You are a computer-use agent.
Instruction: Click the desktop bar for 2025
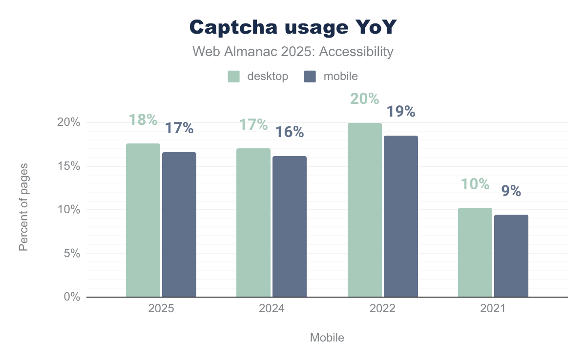[x=143, y=220]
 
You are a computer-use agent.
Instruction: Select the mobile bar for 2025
[x=179, y=224]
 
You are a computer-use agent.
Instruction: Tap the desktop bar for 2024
[x=253, y=222]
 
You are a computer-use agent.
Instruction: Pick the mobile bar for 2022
[x=401, y=216]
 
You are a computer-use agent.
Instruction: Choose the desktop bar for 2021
[x=475, y=252]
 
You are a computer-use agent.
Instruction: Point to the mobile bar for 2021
[x=511, y=256]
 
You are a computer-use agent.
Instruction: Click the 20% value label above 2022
[x=364, y=99]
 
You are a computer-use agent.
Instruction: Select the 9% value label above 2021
[x=511, y=191]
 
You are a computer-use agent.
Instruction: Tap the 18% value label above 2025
[x=143, y=120]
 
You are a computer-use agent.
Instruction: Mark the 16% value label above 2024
[x=290, y=132]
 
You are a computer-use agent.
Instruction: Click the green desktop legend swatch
[x=233, y=77]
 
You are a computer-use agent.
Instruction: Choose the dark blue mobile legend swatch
[x=310, y=77]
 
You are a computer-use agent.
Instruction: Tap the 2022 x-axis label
[x=382, y=309]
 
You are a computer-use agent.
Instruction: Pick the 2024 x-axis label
[x=272, y=309]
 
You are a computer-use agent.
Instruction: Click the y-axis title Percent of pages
[x=23, y=207]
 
